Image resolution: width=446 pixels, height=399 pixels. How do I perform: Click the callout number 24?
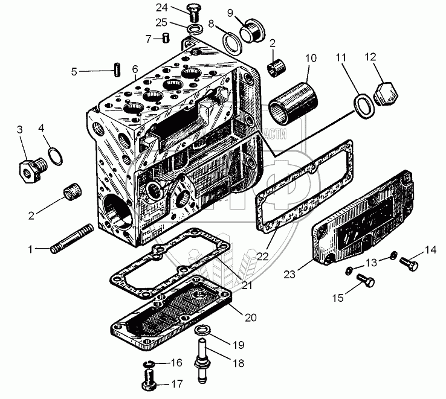tap(160, 7)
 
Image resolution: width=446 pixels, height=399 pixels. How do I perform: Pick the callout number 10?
tap(311, 59)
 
